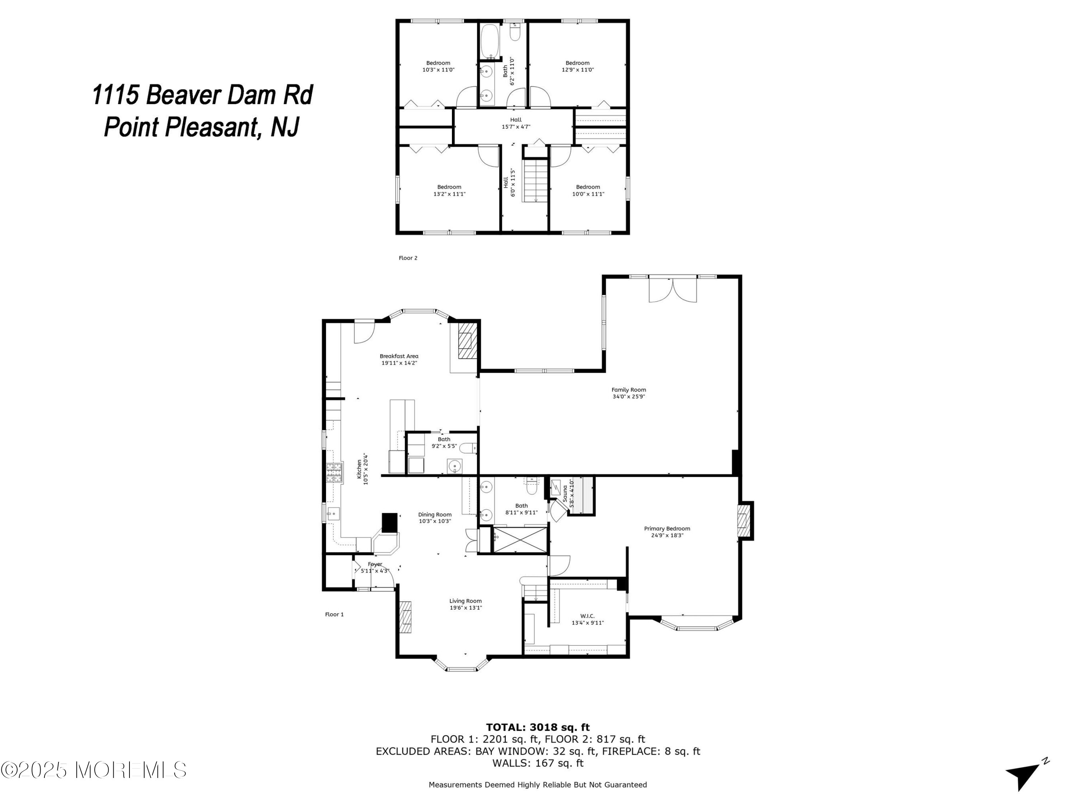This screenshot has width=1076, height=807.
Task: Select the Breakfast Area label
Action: (x=399, y=359)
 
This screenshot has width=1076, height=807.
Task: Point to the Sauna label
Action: (x=568, y=494)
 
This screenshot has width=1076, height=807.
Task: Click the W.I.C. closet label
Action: (x=587, y=619)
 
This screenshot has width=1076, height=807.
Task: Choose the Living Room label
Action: (x=466, y=604)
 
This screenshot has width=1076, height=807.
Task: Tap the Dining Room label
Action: (x=435, y=518)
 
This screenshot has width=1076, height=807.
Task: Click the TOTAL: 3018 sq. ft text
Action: (x=538, y=727)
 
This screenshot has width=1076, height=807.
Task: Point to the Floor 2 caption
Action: (x=408, y=258)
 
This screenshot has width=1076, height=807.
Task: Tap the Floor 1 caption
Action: (x=334, y=614)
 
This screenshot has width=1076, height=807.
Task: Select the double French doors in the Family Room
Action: (x=673, y=290)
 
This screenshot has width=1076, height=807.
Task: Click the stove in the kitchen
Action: (x=334, y=472)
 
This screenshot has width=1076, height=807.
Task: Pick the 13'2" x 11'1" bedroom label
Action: (x=449, y=190)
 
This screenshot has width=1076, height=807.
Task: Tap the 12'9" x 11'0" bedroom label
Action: (x=577, y=66)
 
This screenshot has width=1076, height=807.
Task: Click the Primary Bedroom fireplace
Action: (x=746, y=520)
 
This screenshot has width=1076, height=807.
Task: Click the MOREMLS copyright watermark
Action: (x=93, y=770)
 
